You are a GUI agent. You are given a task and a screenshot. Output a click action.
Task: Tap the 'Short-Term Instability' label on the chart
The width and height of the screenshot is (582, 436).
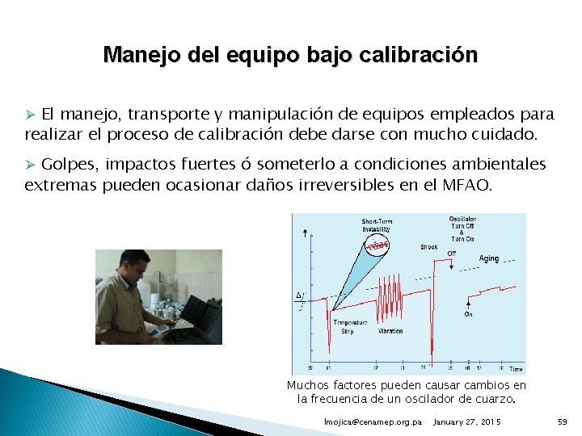376,224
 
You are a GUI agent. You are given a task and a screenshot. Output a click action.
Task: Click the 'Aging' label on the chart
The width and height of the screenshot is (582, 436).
488,258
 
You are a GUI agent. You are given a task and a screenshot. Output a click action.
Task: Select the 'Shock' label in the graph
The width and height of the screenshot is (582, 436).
429,246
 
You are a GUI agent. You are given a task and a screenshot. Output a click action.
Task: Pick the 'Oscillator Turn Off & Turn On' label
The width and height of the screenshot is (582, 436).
462,228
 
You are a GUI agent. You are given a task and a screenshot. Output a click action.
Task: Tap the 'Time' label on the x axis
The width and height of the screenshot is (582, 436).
516,369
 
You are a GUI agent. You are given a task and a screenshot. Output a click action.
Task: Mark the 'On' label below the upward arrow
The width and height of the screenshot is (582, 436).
468,315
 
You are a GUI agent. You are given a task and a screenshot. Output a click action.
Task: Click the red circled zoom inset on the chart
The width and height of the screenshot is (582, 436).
377,243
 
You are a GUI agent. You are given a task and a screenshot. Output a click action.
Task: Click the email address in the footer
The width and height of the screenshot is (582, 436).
372,422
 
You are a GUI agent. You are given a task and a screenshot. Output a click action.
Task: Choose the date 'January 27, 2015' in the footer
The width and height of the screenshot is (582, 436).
467,422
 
